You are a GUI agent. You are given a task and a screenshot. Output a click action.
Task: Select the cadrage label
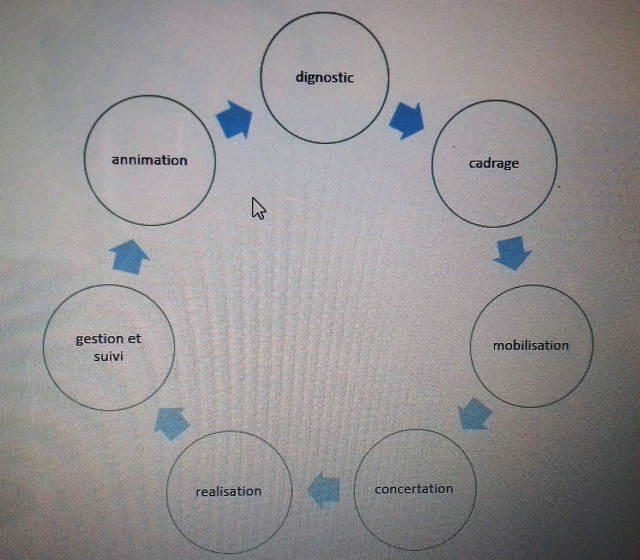point(494,164)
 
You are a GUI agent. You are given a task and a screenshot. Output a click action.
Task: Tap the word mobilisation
point(531,346)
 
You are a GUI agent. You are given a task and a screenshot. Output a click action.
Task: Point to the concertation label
point(414,489)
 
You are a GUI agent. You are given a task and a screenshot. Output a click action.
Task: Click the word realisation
point(228,492)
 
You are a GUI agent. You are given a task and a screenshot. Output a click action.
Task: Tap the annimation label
point(149,160)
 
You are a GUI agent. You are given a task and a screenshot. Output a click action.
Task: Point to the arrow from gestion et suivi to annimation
point(129,257)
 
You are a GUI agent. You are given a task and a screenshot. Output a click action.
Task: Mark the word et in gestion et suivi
point(134,339)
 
